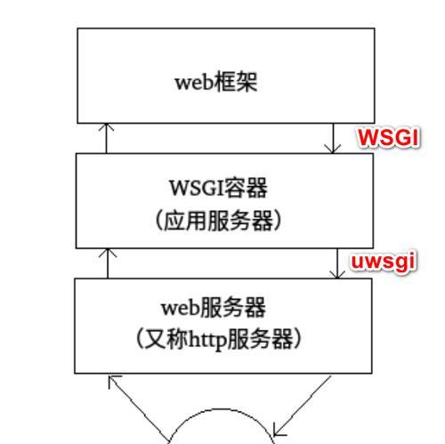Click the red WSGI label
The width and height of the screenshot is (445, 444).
389,138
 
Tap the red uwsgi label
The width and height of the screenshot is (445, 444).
384,262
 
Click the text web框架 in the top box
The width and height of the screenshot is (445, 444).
216,82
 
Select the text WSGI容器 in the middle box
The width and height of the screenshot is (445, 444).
218,188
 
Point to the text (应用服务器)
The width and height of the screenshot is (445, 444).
218,221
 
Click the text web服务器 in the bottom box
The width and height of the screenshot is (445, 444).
214,307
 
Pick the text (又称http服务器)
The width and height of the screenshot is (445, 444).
219,340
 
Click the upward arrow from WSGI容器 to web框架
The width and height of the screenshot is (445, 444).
106,138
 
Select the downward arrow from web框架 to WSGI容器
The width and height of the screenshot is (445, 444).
333,138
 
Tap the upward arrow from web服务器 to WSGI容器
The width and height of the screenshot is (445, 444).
108,263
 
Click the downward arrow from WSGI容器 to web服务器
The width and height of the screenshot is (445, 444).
337,263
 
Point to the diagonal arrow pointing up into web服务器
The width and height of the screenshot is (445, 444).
138,409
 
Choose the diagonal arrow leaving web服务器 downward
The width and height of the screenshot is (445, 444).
302,406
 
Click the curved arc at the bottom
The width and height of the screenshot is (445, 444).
221,409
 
